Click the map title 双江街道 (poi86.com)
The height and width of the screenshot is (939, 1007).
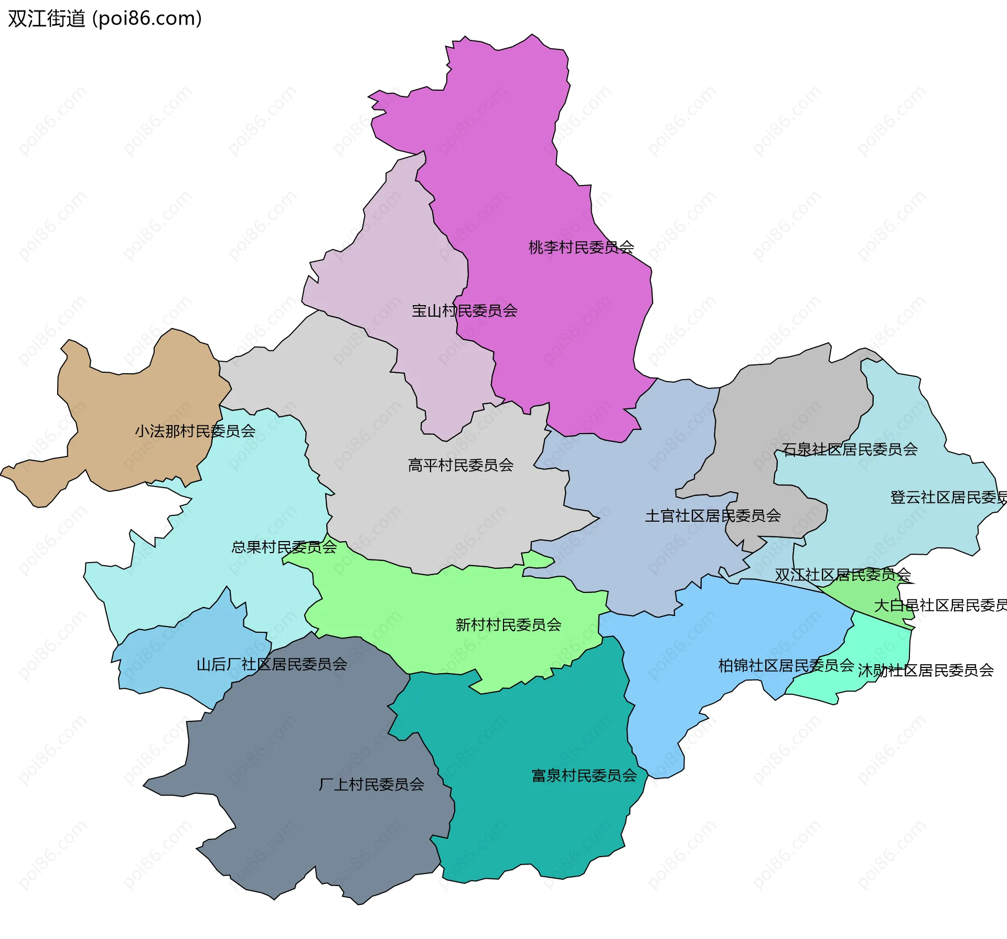(x=105, y=19)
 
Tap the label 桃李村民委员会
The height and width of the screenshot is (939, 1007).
(x=581, y=247)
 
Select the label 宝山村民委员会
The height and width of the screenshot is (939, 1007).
(x=464, y=310)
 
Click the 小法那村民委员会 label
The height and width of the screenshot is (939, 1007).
(x=195, y=431)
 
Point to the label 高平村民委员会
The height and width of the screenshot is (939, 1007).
(x=460, y=465)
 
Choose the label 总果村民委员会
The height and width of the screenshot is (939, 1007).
(x=284, y=547)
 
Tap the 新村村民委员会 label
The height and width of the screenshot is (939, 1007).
(x=508, y=624)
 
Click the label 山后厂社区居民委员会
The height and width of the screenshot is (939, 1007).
(x=272, y=664)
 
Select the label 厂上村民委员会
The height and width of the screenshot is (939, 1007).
(x=371, y=784)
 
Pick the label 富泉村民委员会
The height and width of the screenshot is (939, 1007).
(x=584, y=775)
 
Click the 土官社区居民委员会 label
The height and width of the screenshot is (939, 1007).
(x=713, y=515)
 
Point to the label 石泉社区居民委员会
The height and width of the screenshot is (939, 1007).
(x=850, y=449)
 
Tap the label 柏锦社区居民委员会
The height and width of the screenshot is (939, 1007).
(x=786, y=665)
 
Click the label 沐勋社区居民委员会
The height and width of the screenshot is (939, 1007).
(x=926, y=670)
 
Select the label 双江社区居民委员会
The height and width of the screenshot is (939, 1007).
(x=843, y=575)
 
